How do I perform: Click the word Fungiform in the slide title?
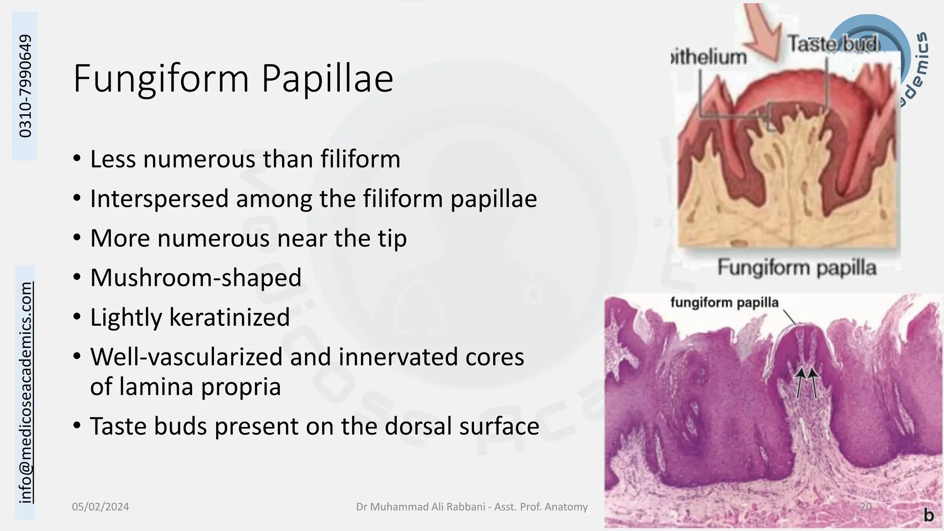[162, 79]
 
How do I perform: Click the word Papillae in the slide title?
[327, 79]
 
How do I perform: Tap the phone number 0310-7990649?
[25, 86]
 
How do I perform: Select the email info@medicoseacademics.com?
[26, 392]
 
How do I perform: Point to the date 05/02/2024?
[100, 507]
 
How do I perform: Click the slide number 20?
[866, 507]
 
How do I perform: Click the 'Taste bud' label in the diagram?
[833, 44]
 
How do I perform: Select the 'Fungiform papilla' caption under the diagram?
[796, 267]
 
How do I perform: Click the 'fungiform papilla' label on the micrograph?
[724, 303]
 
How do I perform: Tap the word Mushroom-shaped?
[196, 278]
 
